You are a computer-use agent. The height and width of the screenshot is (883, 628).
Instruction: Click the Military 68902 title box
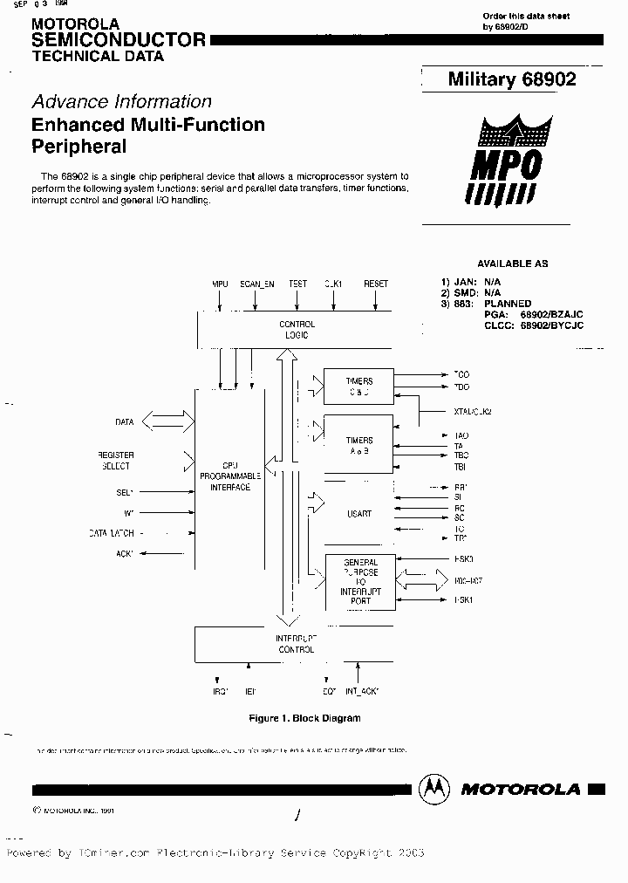[512, 79]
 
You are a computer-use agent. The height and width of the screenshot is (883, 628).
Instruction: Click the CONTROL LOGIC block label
[298, 329]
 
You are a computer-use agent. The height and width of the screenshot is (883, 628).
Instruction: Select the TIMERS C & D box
[358, 387]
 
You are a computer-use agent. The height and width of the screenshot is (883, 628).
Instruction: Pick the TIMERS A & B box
[358, 446]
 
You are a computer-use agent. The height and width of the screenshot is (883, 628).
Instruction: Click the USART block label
[359, 514]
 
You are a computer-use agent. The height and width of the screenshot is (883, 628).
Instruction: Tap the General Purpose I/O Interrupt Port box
[360, 582]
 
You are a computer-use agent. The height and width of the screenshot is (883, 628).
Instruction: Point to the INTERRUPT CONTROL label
[296, 644]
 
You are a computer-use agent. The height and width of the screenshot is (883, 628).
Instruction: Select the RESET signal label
[376, 284]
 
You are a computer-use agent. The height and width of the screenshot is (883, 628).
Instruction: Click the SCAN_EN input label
[256, 284]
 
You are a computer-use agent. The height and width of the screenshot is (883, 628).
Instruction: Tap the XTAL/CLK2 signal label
[474, 411]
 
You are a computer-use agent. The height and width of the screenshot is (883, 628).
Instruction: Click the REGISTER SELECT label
[115, 461]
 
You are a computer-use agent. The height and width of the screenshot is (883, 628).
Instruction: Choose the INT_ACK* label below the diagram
[361, 691]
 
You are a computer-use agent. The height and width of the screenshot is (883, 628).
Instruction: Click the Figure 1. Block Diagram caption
[304, 718]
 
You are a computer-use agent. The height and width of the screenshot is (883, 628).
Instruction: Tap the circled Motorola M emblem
[433, 788]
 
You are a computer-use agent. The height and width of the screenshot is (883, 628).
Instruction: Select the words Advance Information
[121, 101]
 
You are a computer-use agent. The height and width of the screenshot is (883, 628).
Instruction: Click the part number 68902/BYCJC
[551, 325]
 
